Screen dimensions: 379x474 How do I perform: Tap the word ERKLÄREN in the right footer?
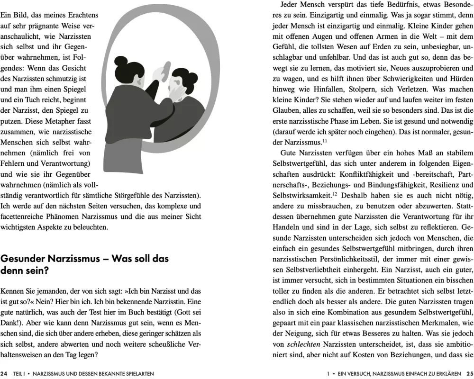448,373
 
